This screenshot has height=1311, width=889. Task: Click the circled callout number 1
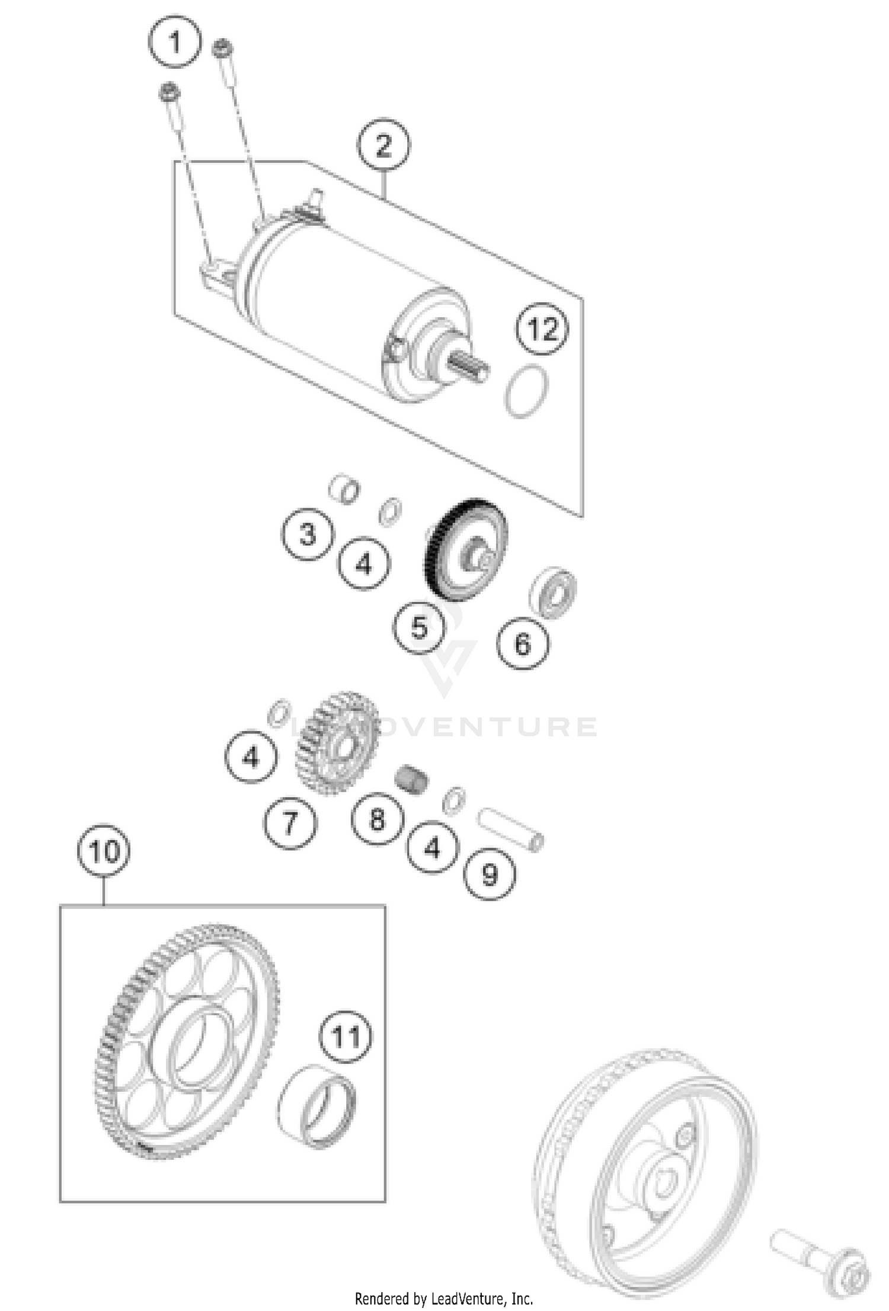(174, 42)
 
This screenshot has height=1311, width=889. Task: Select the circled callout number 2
(383, 145)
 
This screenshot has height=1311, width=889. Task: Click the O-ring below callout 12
(526, 391)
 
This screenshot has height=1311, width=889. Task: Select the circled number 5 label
(420, 627)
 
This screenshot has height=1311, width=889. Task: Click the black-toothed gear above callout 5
(466, 548)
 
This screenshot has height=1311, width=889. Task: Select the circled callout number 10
(104, 850)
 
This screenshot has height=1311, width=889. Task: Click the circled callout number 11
(346, 1037)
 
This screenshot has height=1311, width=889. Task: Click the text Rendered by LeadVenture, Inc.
(444, 1299)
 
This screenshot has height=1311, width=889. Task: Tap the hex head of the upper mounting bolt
(222, 47)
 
